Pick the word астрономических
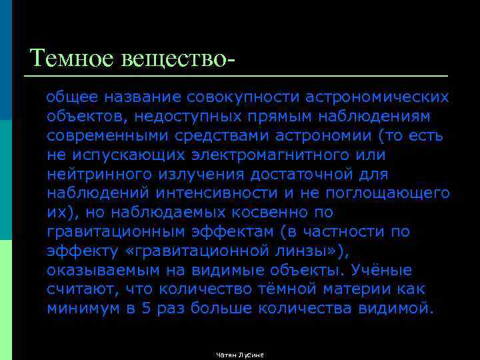(x=377, y=97)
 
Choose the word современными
(x=107, y=136)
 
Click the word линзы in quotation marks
(x=305, y=251)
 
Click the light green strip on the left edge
(x=6, y=300)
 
